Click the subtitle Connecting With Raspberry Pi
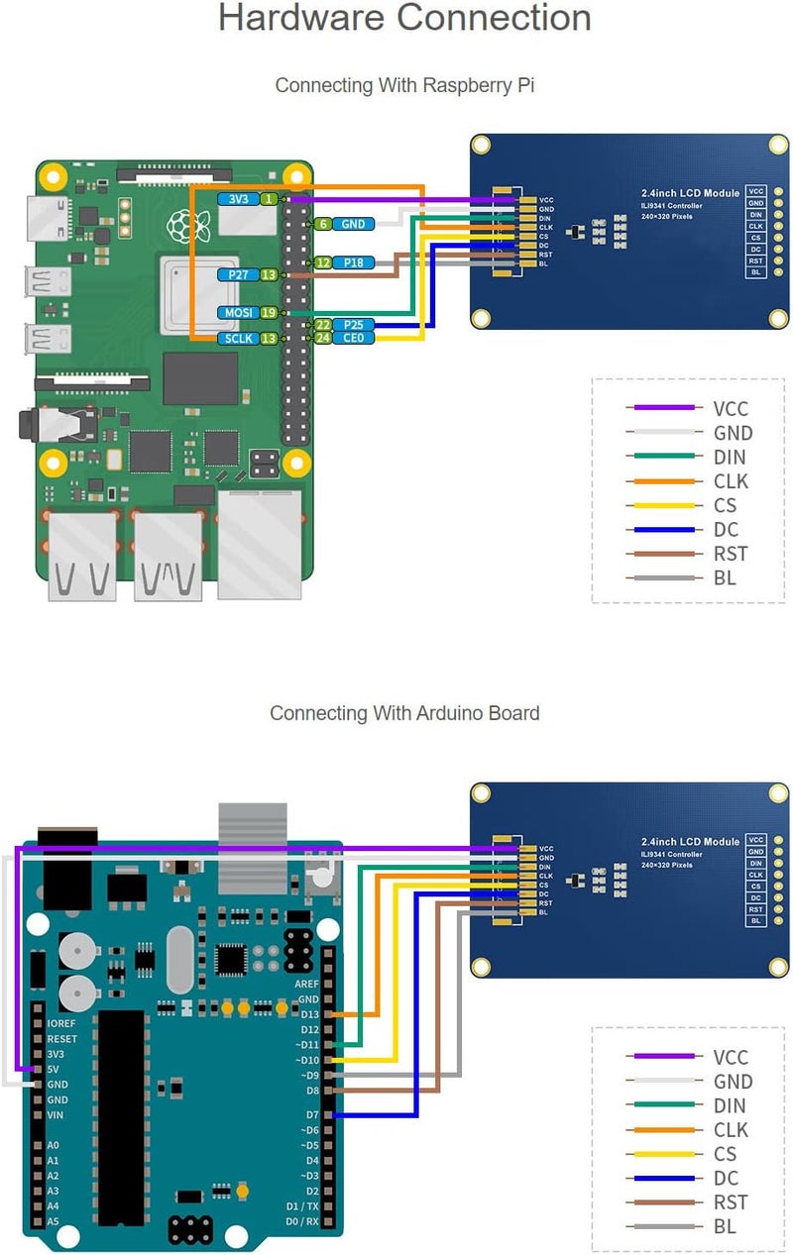(404, 85)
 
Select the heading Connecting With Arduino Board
(404, 713)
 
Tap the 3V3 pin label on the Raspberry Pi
(238, 199)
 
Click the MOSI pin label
(238, 313)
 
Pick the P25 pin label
(354, 325)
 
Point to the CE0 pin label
(354, 338)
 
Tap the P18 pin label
(354, 262)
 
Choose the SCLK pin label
(238, 339)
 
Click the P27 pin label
(238, 274)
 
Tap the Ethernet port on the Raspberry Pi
(260, 545)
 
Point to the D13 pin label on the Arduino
(309, 1014)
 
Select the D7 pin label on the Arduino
(312, 1115)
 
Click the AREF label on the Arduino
(307, 985)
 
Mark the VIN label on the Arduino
(56, 1115)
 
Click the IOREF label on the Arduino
(61, 1023)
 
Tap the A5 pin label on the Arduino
(54, 1221)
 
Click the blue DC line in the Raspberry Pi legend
(664, 530)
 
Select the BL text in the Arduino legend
(725, 1227)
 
